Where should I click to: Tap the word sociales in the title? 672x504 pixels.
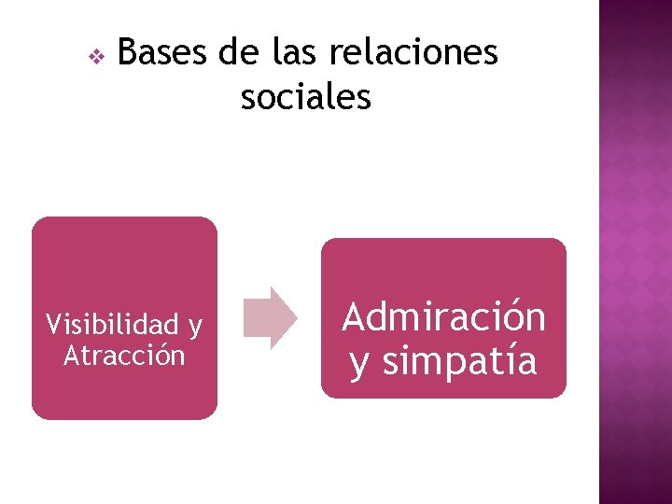point(305,96)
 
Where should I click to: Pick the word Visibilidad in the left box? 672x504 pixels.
point(112,325)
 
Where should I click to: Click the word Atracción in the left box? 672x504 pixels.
point(124,356)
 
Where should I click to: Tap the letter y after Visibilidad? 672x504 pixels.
point(195,328)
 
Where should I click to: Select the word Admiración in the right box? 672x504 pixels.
point(443,317)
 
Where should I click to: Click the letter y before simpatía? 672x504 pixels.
point(359,364)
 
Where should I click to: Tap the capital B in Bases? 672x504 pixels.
point(128,53)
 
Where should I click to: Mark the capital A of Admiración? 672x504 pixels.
point(354,317)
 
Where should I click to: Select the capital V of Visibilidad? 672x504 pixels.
point(54,325)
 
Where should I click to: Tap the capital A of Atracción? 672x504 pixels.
point(71,356)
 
